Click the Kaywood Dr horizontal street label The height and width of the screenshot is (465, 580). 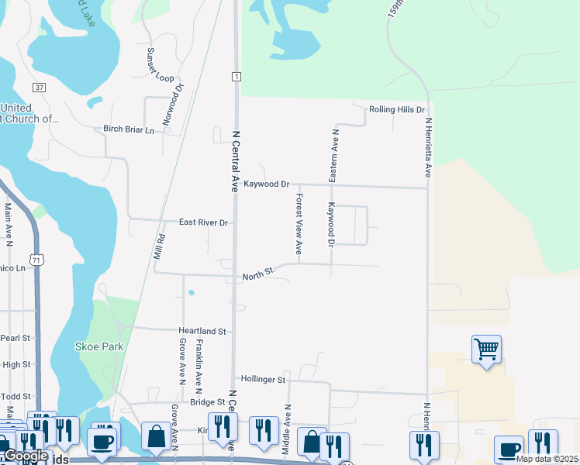tap(266, 184)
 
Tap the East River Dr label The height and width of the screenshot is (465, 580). tap(204, 222)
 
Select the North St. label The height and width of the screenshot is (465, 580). tap(259, 275)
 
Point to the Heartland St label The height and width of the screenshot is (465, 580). tap(201, 331)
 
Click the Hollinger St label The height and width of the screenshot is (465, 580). tap(264, 380)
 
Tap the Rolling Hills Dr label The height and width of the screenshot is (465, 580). tap(398, 110)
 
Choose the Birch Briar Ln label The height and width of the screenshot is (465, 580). tap(129, 129)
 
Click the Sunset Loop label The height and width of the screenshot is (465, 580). tap(161, 65)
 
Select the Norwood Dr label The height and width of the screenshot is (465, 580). tap(172, 105)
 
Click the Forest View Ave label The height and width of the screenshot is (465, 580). tap(299, 225)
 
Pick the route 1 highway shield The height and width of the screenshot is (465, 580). tap(235, 76)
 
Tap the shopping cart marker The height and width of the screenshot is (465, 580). tap(486, 350)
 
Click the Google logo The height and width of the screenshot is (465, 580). tap(26, 456)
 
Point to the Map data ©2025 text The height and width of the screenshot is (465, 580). tap(547, 459)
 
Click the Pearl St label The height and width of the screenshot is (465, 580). tap(15, 338)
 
